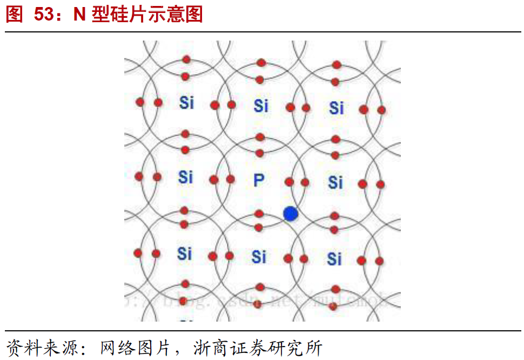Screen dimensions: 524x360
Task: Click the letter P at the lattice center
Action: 259,180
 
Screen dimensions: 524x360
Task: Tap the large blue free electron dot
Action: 291,214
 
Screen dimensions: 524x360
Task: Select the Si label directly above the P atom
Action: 261,105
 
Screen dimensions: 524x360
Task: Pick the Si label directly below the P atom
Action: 259,256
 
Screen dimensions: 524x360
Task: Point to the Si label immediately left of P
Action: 185,176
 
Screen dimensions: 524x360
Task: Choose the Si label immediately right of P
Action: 335,182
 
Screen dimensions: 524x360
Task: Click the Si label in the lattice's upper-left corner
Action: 186,102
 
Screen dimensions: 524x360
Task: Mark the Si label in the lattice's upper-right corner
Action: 337,108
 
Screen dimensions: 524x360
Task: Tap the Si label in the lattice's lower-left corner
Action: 184,253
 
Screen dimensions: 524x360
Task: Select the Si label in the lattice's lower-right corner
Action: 334,259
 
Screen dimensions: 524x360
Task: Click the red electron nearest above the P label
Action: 259,153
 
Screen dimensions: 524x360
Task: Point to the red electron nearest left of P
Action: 231,179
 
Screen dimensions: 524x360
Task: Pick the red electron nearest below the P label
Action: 259,213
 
